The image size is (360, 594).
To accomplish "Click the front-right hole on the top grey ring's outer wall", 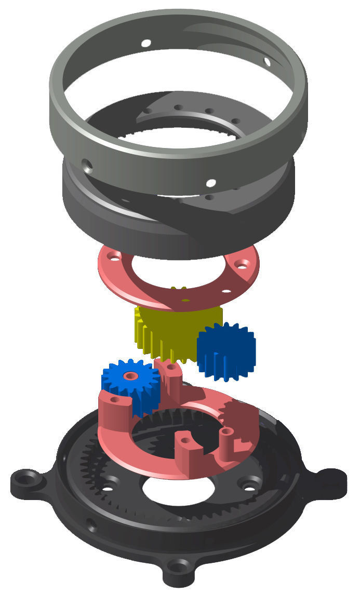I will (x=211, y=183).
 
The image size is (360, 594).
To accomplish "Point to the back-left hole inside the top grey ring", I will (x=147, y=43).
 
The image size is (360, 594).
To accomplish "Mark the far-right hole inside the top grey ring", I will (x=267, y=62).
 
